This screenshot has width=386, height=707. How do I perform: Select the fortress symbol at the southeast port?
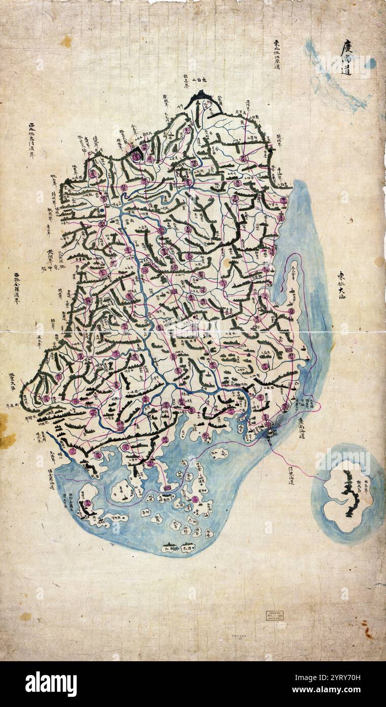pyautogui.click(x=270, y=433)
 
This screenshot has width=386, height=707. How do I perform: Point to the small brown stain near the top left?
pyautogui.click(x=66, y=42)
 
